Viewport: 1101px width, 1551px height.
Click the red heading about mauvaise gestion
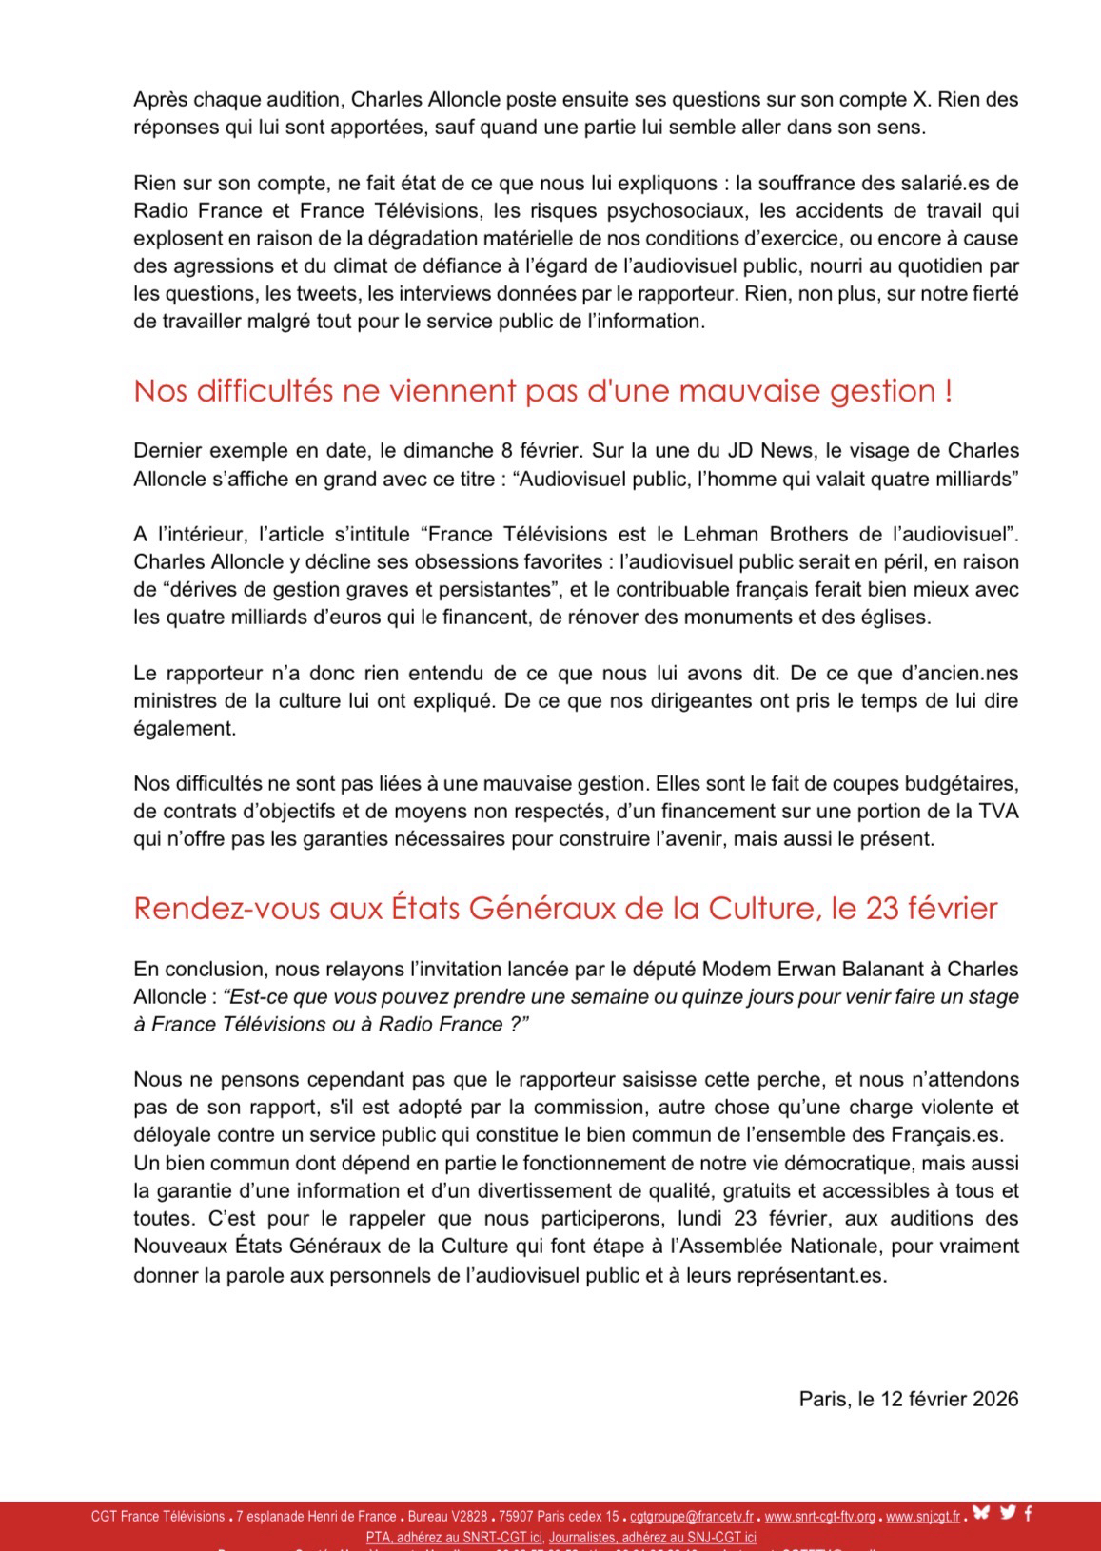point(542,391)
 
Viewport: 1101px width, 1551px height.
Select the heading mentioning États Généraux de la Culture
point(565,909)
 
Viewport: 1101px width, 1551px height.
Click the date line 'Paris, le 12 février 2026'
point(908,1399)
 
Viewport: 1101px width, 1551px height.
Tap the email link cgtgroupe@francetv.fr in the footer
point(691,1517)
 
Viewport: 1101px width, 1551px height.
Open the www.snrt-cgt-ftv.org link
point(819,1517)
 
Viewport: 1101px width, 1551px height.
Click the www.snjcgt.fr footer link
point(922,1517)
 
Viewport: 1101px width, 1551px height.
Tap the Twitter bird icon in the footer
point(1008,1514)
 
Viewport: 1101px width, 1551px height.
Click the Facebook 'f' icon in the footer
point(1029,1514)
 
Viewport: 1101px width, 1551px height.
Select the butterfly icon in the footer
point(981,1514)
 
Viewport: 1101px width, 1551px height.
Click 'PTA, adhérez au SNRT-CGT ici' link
point(454,1537)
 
